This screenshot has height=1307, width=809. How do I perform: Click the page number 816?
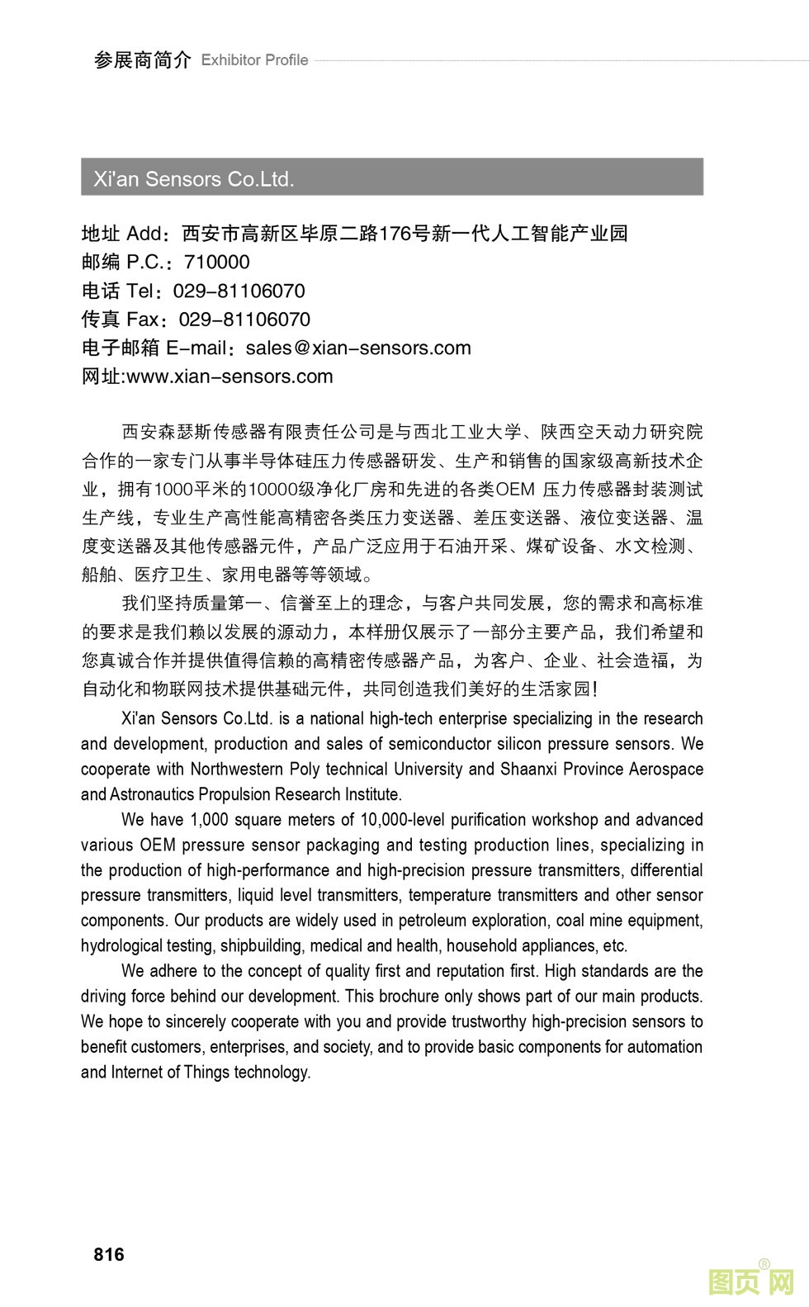pos(109,1254)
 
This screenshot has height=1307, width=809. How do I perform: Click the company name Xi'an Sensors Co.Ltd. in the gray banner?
pos(194,178)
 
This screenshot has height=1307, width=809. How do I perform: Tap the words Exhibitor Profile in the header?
pos(254,60)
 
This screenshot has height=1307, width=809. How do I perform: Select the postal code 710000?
pos(216,263)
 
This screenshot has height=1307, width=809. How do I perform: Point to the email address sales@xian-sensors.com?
pos(358,348)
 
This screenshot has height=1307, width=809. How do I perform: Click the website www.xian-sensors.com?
pos(229,376)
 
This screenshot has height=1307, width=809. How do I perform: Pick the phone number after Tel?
pos(239,291)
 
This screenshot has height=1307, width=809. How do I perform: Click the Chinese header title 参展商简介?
pos(142,60)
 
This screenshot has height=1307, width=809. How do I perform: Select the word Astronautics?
pos(154,794)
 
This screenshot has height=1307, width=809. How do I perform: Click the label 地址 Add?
pos(121,234)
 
